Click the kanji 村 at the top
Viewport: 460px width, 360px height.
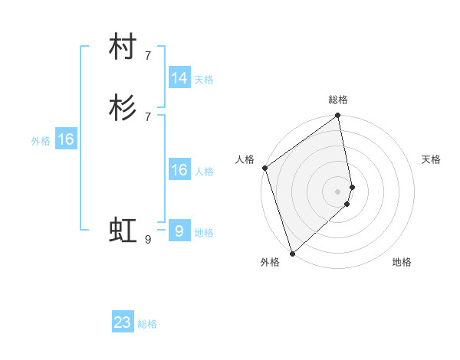(x=123, y=47)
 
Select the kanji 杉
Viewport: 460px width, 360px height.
(x=123, y=109)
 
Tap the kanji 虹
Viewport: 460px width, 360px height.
(x=123, y=230)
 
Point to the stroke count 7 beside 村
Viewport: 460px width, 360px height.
(x=147, y=55)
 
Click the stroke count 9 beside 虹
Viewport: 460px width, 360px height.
(x=147, y=240)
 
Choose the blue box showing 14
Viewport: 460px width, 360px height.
(x=179, y=78)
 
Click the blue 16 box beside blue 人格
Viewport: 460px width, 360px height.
(x=179, y=170)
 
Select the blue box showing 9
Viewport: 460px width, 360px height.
(x=179, y=231)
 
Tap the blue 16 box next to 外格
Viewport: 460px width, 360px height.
(x=66, y=139)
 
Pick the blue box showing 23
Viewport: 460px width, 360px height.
(x=123, y=322)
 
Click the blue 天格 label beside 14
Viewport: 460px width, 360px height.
(x=204, y=80)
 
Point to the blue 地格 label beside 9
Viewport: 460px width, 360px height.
(x=204, y=233)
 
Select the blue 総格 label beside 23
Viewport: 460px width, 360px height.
(x=148, y=324)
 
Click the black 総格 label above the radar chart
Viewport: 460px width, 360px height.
(x=338, y=100)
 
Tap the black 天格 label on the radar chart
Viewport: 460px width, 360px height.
(x=431, y=159)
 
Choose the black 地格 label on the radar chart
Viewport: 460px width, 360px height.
(x=402, y=262)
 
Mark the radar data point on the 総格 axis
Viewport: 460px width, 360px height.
(x=338, y=116)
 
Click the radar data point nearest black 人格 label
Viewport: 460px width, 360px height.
(x=264, y=168)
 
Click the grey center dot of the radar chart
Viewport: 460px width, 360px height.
(x=338, y=191)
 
